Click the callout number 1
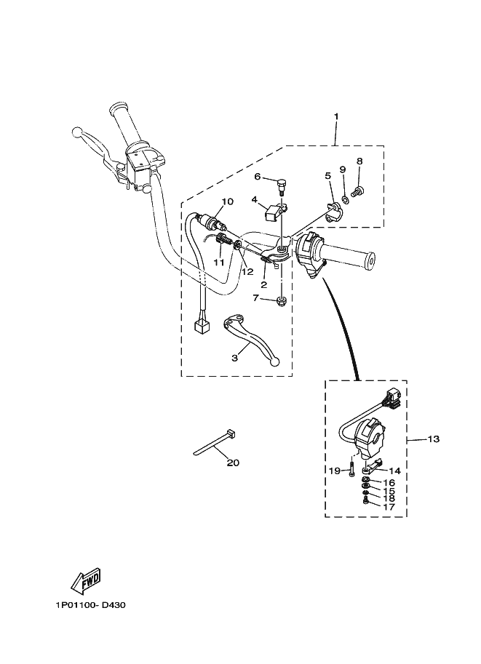click(336, 116)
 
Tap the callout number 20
click(233, 463)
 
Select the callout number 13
click(434, 439)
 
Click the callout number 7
click(255, 297)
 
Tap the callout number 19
click(334, 471)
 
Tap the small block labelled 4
click(274, 213)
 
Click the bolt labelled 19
click(350, 468)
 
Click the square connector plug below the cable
click(202, 326)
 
